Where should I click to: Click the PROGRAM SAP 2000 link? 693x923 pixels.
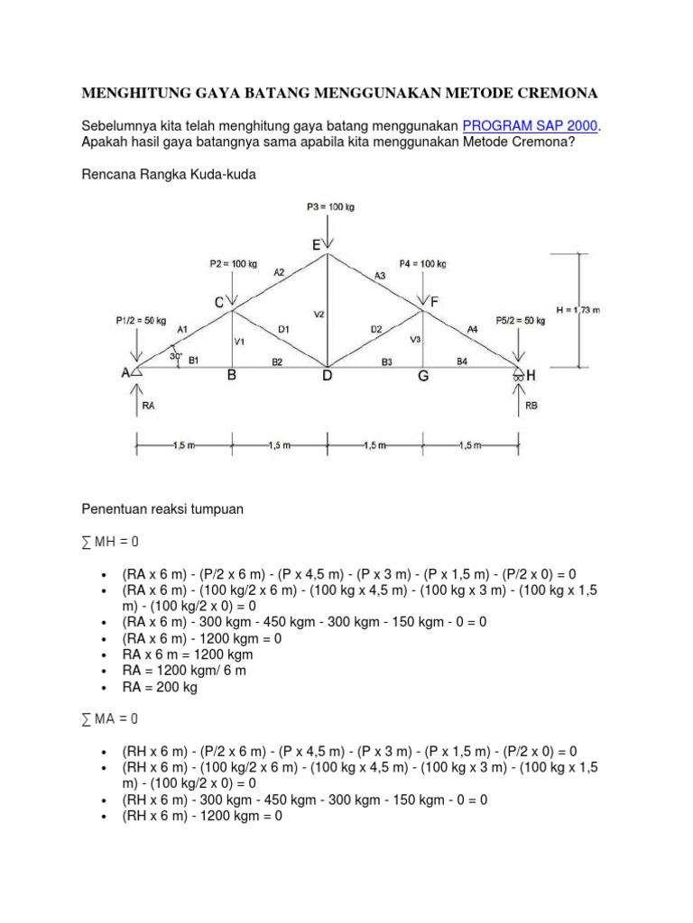[531, 126]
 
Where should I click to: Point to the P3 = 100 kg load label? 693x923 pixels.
[330, 206]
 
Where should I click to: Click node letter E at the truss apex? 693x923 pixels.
[316, 244]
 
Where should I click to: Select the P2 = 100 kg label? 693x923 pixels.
[234, 264]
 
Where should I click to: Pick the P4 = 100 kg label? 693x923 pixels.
[422, 264]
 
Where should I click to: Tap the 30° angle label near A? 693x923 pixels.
[177, 356]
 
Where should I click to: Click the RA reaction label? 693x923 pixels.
[149, 407]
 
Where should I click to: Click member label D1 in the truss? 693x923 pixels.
[282, 330]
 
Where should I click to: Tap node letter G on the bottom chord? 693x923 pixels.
[421, 377]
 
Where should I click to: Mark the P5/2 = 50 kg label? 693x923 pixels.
[521, 320]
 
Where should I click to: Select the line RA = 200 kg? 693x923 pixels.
[161, 687]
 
